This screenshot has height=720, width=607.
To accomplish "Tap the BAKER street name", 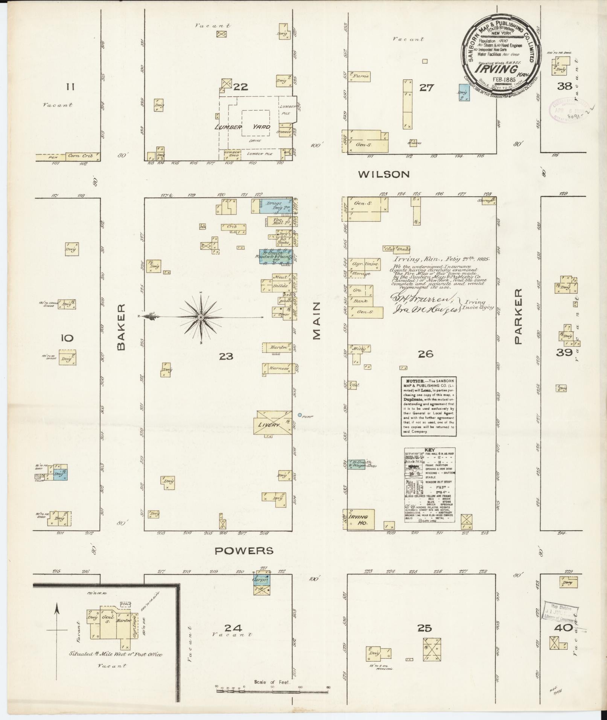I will [x=121, y=327].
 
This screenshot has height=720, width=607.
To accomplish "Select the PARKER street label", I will [x=519, y=317].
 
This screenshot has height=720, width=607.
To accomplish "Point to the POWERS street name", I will [x=244, y=551].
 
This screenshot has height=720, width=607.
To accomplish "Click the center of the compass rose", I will [x=201, y=318].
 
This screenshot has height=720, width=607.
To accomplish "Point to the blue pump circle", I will [x=300, y=415].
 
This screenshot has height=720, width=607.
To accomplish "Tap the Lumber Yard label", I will [x=242, y=127].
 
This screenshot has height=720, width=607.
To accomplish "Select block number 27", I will [x=427, y=88].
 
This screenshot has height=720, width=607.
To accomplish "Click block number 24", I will [x=233, y=627].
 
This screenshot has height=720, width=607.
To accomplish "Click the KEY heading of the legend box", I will [x=430, y=450].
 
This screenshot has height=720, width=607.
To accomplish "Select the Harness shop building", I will [x=278, y=368].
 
